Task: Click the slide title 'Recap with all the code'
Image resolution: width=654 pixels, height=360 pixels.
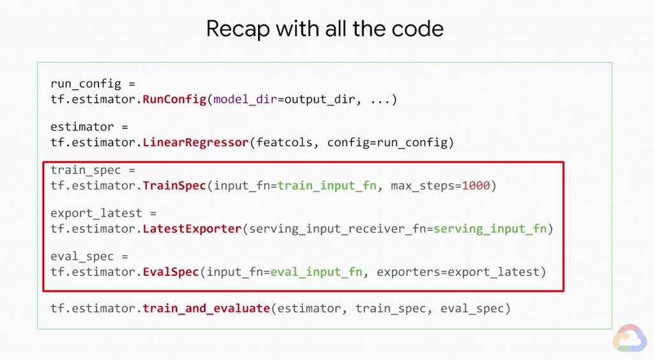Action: click(x=325, y=29)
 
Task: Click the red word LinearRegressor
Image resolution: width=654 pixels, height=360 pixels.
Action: click(x=195, y=142)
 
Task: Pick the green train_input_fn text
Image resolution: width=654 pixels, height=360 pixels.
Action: click(x=327, y=186)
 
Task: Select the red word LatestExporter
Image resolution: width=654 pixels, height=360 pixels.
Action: click(x=192, y=229)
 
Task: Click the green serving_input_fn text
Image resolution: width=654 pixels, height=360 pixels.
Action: click(x=490, y=229)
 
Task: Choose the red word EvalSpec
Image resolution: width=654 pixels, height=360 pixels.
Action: click(x=171, y=272)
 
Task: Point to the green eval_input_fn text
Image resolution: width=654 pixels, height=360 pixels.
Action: click(x=317, y=272)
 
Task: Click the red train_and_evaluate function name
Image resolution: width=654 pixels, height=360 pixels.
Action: click(x=206, y=308)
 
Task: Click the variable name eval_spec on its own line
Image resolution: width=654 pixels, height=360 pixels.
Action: click(x=82, y=257)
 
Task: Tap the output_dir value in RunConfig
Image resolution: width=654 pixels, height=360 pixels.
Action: click(x=319, y=100)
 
